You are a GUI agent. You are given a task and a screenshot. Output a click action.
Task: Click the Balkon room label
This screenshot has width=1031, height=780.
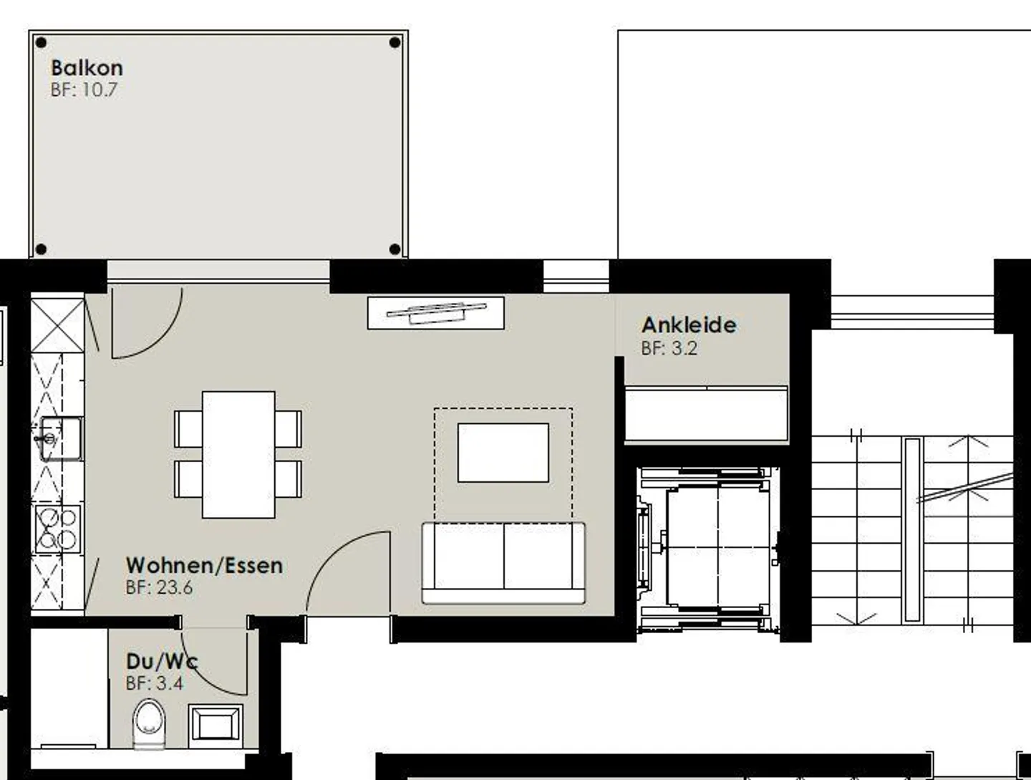pyautogui.click(x=87, y=68)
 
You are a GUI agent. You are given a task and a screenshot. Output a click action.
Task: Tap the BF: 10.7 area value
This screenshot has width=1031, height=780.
pyautogui.click(x=84, y=90)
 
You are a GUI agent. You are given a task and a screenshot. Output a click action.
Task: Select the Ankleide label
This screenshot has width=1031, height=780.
pyautogui.click(x=689, y=325)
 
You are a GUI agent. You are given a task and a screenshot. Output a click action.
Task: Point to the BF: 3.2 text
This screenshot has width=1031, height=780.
pyautogui.click(x=669, y=348)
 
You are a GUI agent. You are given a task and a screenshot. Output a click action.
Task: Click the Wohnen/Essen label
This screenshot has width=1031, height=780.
pyautogui.click(x=204, y=565)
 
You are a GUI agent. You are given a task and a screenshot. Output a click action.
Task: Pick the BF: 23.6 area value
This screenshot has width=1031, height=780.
pyautogui.click(x=159, y=587)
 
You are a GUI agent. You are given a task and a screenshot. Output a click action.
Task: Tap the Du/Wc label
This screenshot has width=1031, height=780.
pyautogui.click(x=162, y=662)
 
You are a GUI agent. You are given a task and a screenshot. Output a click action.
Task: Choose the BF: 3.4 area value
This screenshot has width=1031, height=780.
pyautogui.click(x=154, y=683)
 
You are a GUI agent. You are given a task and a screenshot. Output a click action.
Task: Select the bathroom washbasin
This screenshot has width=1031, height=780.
pyautogui.click(x=216, y=726)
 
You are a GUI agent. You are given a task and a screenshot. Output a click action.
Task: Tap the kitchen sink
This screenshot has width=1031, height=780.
pyautogui.click(x=59, y=439)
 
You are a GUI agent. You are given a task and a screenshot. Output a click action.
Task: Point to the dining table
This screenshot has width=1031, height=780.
pyautogui.click(x=238, y=455)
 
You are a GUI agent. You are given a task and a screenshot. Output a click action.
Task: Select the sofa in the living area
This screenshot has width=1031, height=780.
pyautogui.click(x=503, y=563)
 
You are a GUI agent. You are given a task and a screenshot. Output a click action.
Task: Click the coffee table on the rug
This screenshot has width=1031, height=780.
pyautogui.click(x=503, y=453)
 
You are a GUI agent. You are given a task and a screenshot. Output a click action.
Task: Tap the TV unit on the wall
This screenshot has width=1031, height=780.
pyautogui.click(x=436, y=313)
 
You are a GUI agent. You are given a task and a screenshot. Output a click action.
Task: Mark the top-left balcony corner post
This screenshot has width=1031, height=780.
pyautogui.click(x=41, y=43)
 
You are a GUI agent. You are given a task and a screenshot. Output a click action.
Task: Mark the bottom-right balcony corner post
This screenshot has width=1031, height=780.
pyautogui.click(x=395, y=249)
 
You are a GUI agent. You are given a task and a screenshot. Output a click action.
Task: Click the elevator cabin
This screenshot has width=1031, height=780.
pyautogui.click(x=717, y=547)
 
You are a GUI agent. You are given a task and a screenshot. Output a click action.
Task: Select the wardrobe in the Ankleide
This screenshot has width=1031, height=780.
pyautogui.click(x=706, y=413)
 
